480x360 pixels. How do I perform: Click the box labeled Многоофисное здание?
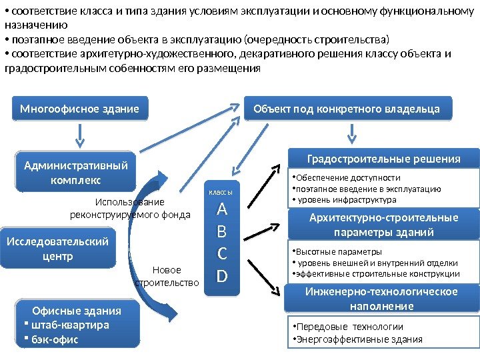[80, 109]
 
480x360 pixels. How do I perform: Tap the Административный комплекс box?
[75, 171]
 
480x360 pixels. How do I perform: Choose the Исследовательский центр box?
[57, 249]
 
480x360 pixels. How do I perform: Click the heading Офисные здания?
[77, 311]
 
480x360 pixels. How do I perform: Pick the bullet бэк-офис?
[55, 339]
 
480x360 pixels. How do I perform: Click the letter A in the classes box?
[223, 210]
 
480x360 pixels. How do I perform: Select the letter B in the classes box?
[223, 232]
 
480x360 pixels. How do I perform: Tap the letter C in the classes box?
[223, 253]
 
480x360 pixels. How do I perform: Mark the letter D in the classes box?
[223, 275]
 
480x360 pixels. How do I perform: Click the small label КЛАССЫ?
[222, 193]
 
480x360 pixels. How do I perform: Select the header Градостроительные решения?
[383, 159]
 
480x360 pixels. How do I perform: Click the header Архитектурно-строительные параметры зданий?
[383, 225]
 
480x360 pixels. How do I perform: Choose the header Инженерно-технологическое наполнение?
[381, 299]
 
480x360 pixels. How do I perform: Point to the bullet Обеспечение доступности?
[348, 178]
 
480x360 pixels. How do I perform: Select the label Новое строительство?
[167, 276]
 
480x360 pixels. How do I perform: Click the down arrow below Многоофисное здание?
[80, 135]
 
